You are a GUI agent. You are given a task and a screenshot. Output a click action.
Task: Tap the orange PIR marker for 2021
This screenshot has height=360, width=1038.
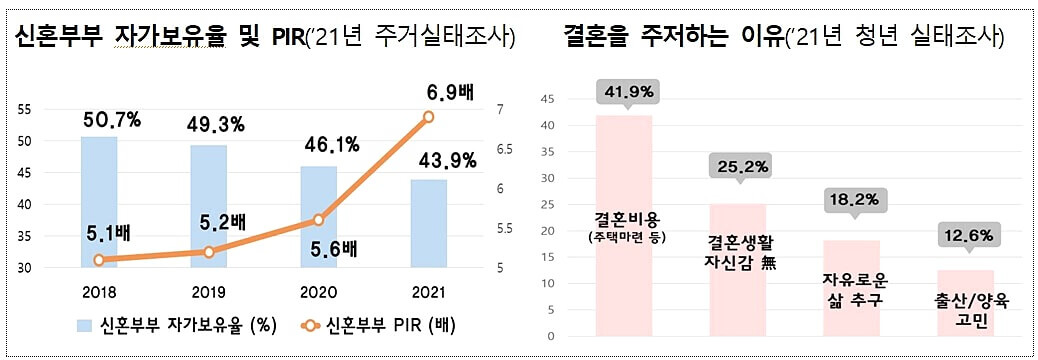point(428,117)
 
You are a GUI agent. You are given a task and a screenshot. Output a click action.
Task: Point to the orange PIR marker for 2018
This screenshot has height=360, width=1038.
point(99,260)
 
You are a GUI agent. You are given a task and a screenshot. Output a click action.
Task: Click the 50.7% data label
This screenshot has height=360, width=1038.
point(110,121)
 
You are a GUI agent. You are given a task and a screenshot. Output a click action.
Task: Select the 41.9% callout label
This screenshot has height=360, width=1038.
point(625,92)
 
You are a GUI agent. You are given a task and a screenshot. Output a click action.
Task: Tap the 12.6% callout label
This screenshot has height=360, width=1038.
point(965,235)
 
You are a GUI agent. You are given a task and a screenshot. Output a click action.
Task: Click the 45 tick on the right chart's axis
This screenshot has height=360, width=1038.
point(547,99)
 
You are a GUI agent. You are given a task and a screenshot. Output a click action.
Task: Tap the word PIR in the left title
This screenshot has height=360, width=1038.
point(291,38)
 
